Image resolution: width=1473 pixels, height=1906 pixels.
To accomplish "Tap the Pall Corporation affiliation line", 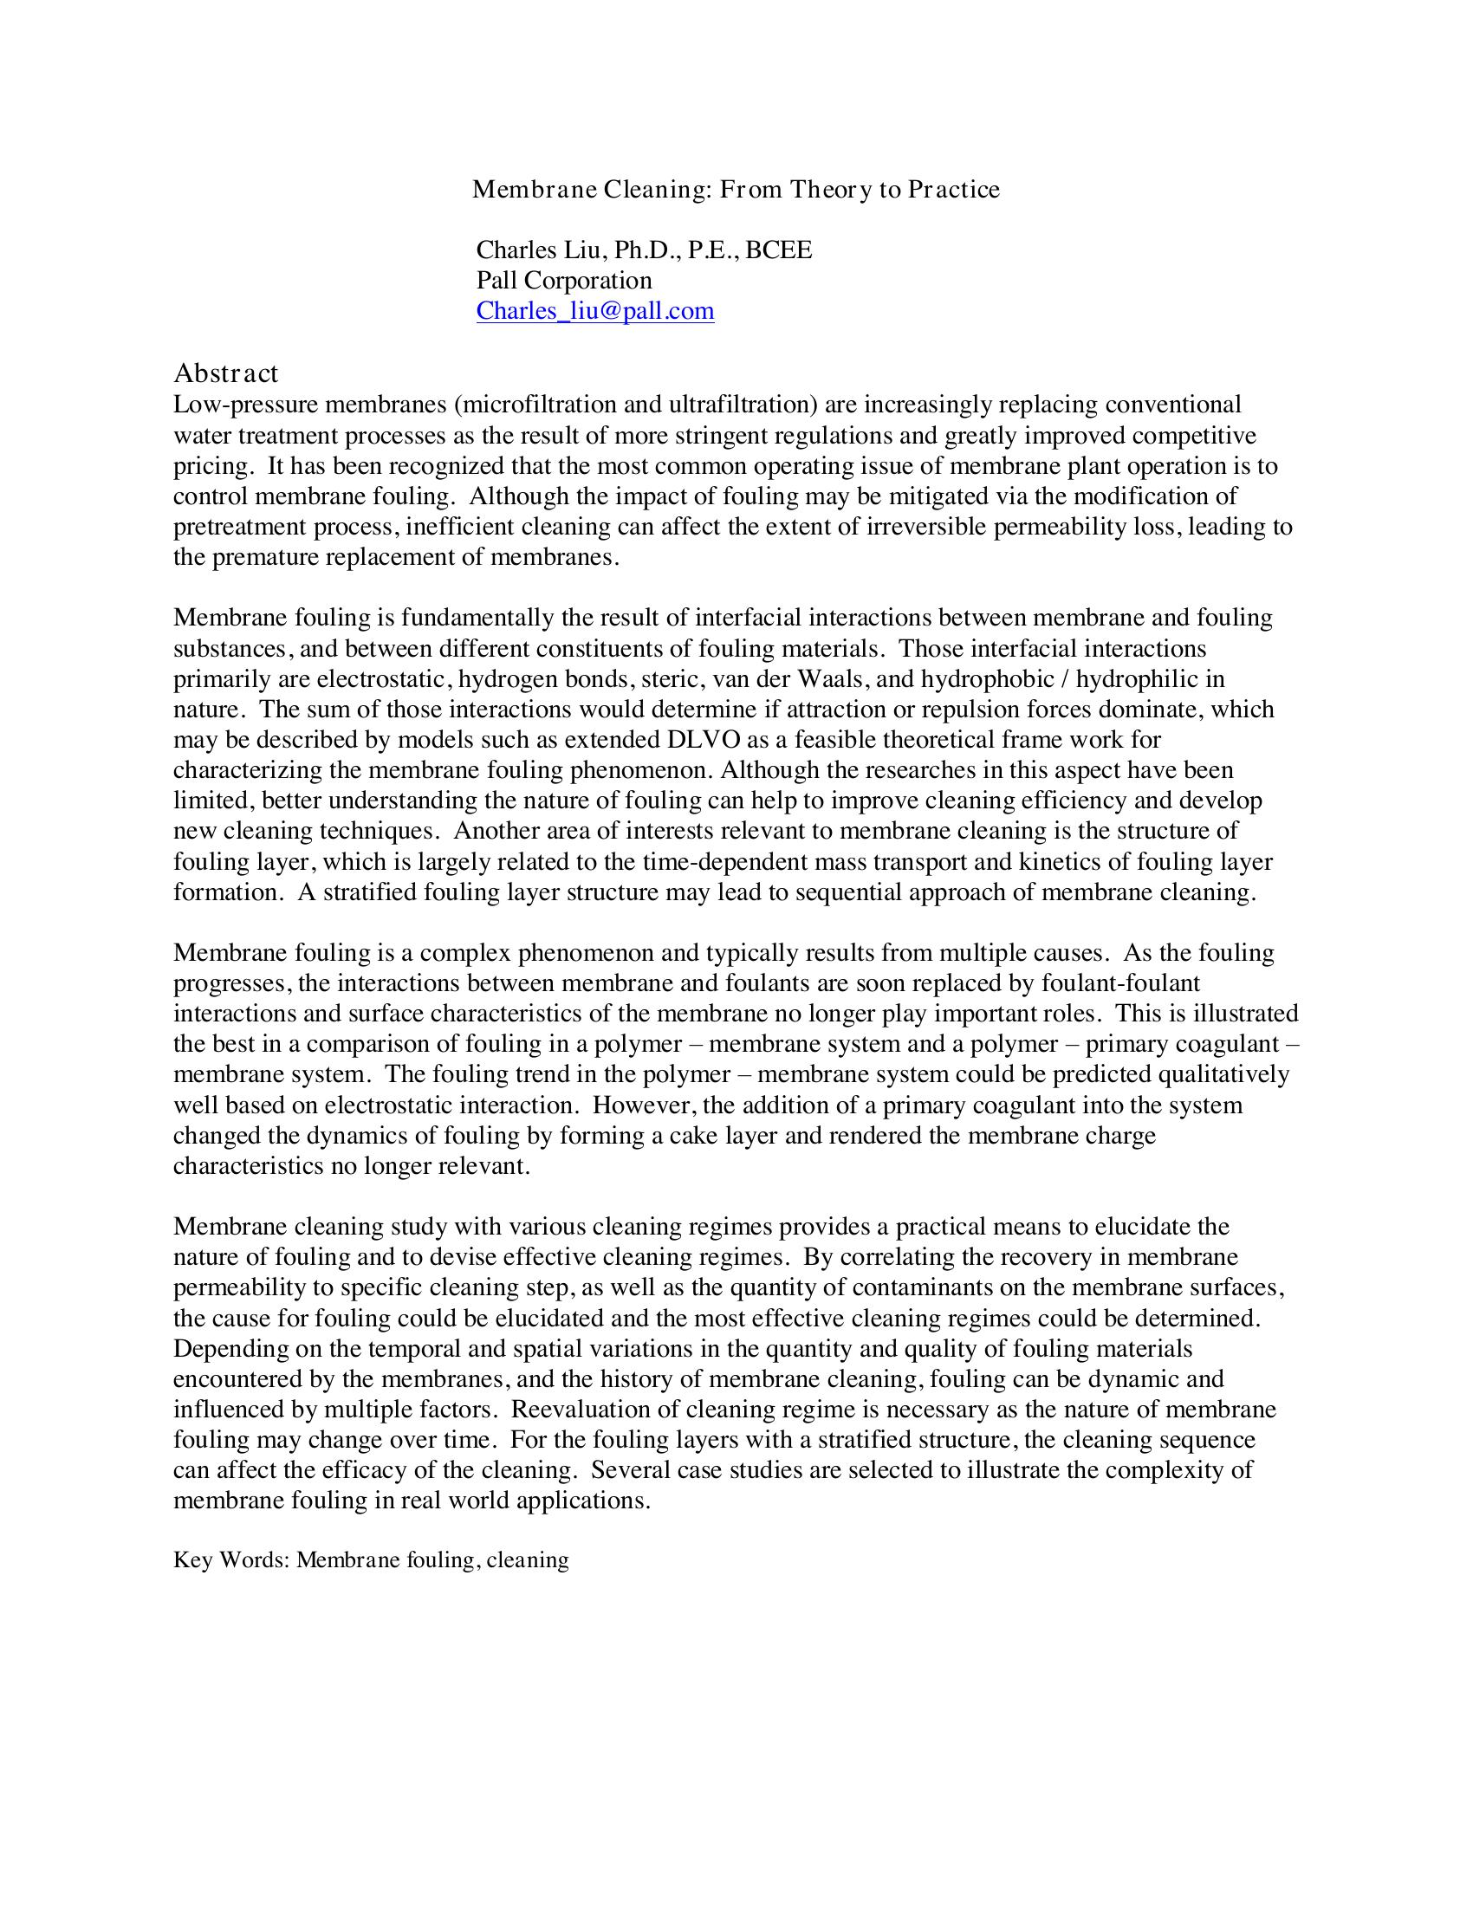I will click(x=564, y=280).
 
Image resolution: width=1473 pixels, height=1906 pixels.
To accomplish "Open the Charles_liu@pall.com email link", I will click(x=594, y=311).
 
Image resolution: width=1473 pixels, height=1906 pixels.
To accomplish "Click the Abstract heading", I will click(x=226, y=373).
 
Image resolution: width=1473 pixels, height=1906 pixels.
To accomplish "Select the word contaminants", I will click(x=907, y=1288).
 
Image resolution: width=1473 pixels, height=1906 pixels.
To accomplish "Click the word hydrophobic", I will click(x=987, y=679).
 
